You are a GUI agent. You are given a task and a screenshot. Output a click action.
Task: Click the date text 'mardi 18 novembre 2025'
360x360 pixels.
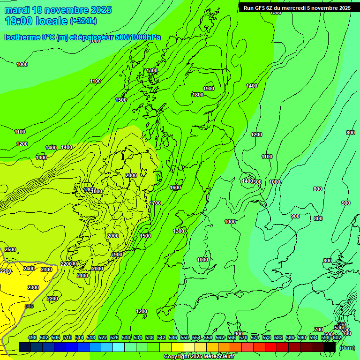(x=58, y=10)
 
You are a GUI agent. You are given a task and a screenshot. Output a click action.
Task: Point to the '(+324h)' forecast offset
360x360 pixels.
(x=83, y=21)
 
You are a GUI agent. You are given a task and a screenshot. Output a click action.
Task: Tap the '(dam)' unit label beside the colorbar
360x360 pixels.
(x=346, y=347)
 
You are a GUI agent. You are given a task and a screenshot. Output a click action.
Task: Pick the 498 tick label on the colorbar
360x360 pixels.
(x=32, y=338)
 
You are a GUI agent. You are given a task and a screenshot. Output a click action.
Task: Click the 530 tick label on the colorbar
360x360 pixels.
(x=126, y=338)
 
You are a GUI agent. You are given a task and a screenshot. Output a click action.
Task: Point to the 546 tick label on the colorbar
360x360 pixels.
(x=173, y=338)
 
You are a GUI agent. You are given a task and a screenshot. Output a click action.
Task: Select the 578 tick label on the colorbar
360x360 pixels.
(x=267, y=338)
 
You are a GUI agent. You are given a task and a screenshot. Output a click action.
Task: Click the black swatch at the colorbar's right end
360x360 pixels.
(x=330, y=347)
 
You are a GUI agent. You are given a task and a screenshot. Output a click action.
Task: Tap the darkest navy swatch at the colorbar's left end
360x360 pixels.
(x=25, y=347)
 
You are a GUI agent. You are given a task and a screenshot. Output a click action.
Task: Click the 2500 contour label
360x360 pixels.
(x=10, y=249)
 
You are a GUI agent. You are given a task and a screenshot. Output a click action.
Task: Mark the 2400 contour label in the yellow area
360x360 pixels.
(x=29, y=269)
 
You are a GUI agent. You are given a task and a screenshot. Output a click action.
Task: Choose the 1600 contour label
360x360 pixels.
(x=175, y=187)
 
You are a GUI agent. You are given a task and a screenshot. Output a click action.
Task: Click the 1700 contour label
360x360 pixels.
(x=155, y=203)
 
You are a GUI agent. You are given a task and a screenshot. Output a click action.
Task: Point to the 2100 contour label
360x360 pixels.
(x=82, y=276)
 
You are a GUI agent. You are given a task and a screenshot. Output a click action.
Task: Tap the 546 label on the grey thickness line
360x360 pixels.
(x=29, y=306)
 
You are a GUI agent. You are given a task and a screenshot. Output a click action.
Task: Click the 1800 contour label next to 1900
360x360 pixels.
(x=197, y=95)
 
